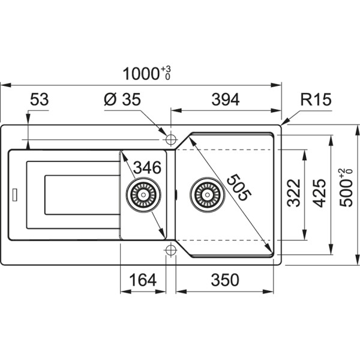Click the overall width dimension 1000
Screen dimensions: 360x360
(141, 74)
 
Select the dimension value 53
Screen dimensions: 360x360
(39, 100)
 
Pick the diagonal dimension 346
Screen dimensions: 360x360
(147, 167)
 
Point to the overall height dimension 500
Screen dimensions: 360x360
(346, 191)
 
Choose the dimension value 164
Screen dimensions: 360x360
(142, 280)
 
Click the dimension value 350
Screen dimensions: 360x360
(224, 280)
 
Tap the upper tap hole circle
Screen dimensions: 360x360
(169, 139)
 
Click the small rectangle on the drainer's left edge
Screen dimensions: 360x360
(14, 194)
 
